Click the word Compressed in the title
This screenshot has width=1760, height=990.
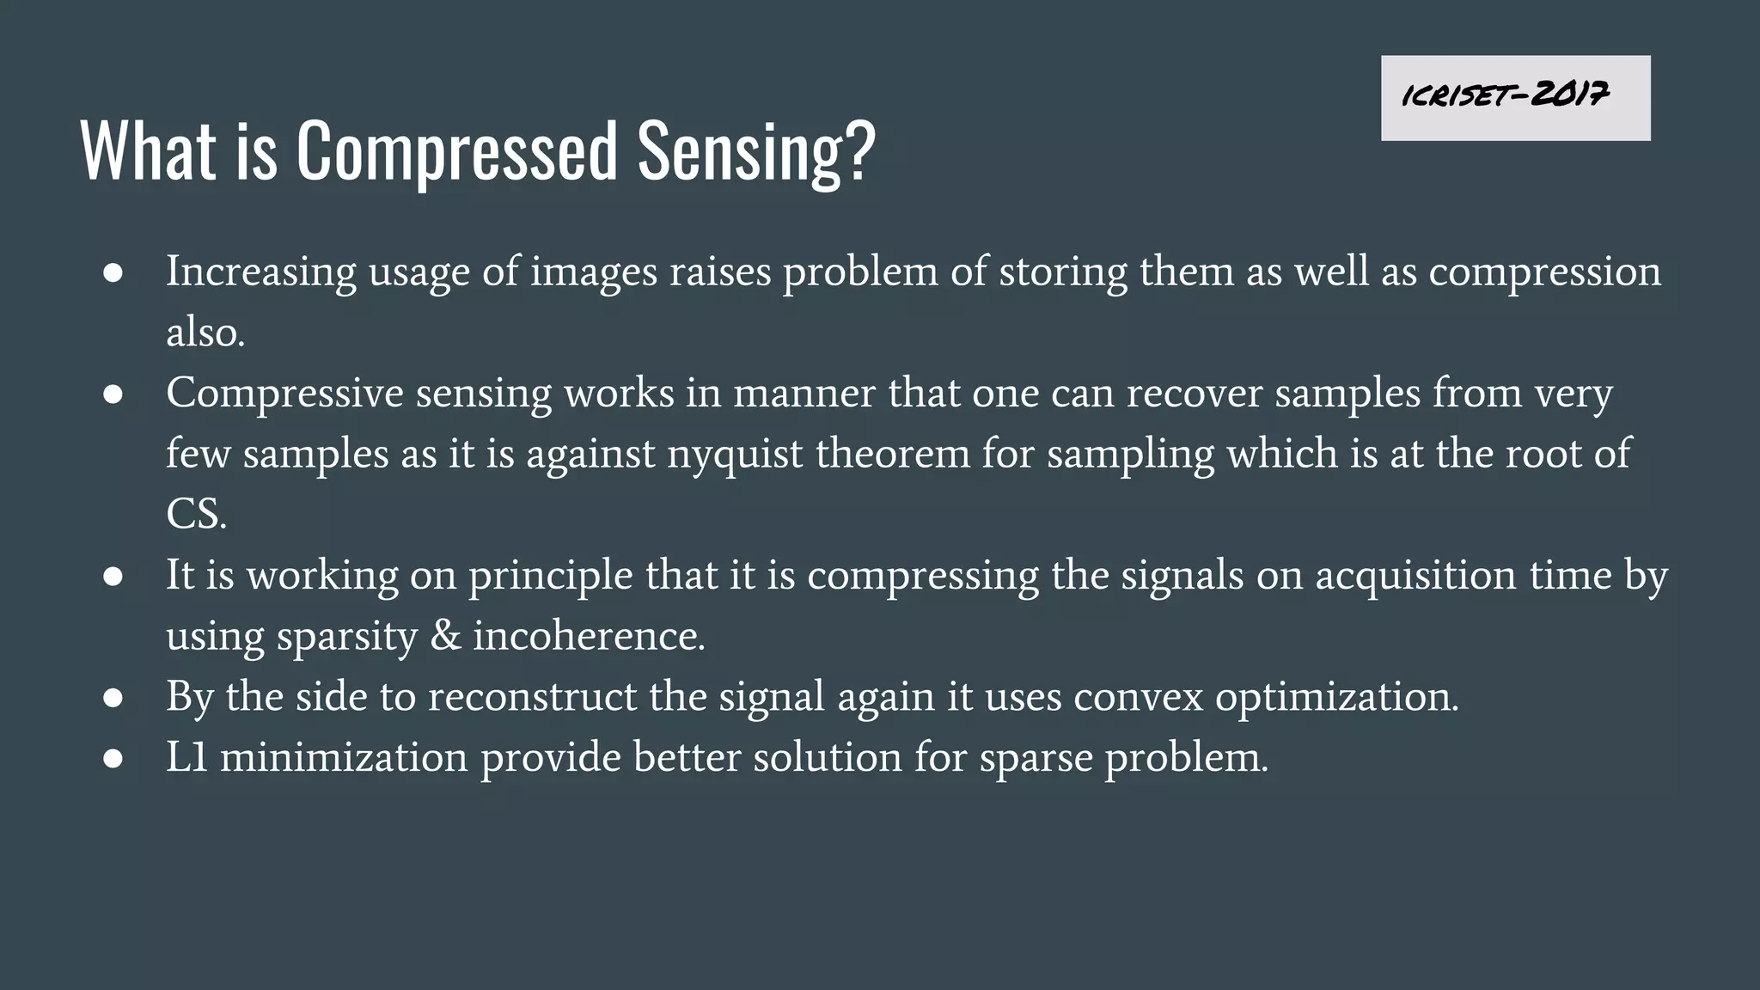tap(456, 151)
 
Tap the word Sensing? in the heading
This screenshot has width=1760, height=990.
tap(756, 151)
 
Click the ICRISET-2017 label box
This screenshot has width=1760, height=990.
tap(1515, 98)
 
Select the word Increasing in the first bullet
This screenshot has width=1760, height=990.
tap(260, 272)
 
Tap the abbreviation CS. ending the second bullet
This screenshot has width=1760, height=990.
tap(196, 515)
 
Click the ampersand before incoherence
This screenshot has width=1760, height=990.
tap(445, 636)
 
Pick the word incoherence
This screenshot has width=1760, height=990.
tap(589, 636)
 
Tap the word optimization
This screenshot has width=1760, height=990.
tap(1336, 697)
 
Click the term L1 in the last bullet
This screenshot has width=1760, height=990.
tap(186, 757)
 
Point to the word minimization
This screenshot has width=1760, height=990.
tap(344, 757)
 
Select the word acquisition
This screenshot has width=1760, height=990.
tap(1415, 576)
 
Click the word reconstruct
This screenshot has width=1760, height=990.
tap(532, 697)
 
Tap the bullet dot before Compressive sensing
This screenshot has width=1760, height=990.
tap(113, 394)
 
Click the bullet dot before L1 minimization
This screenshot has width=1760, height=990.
tap(113, 759)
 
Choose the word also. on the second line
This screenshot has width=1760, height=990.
tap(205, 333)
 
